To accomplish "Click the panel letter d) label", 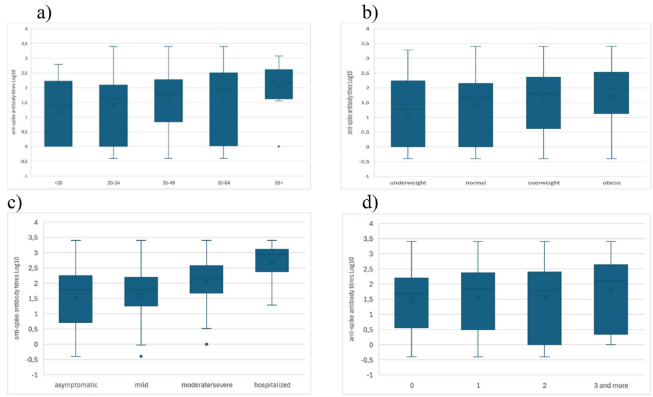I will (x=372, y=203).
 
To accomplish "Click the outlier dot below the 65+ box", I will (x=279, y=146).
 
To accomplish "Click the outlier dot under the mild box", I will (x=140, y=356).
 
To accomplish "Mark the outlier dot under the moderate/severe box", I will (x=206, y=344).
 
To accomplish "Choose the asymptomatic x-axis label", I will (x=75, y=384).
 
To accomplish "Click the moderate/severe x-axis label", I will (x=206, y=384).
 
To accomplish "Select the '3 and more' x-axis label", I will (x=611, y=384).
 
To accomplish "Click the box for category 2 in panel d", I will (x=544, y=308).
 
